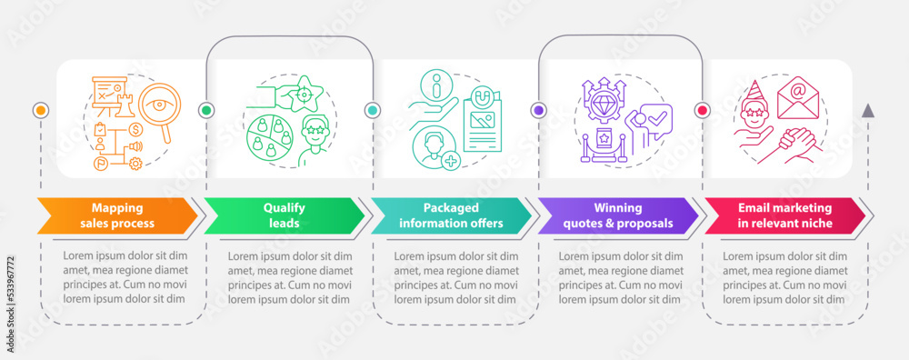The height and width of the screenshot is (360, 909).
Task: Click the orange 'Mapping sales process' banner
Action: [115, 215]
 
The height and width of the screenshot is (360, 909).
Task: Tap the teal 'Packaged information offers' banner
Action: [450, 215]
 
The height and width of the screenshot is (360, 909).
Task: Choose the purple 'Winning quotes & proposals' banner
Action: [616, 215]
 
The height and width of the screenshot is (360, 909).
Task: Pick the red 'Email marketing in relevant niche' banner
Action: [784, 215]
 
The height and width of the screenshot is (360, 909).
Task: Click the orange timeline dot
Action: [39, 110]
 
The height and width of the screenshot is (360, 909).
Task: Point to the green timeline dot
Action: [206, 110]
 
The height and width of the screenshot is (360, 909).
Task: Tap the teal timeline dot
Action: [373, 110]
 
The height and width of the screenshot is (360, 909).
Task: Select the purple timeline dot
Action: [539, 110]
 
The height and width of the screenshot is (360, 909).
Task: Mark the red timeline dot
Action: [702, 110]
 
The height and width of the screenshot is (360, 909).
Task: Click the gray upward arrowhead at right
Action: [868, 111]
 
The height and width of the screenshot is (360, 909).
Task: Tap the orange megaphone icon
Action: [137, 146]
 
